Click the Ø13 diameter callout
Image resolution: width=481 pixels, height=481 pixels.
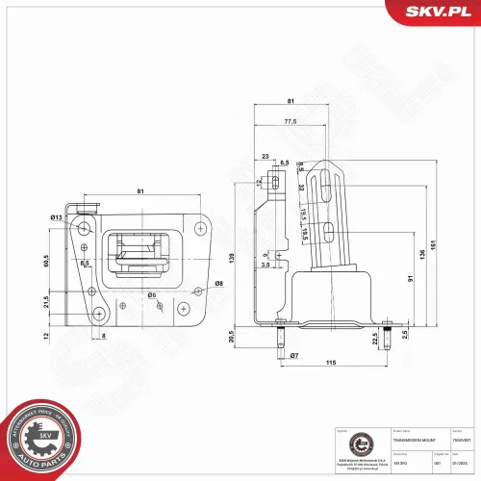[x=57, y=217]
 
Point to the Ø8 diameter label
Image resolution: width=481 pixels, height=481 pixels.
[x=219, y=283]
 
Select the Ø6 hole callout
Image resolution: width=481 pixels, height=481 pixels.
[x=152, y=294]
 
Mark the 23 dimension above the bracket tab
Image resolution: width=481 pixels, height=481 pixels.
[x=265, y=157]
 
